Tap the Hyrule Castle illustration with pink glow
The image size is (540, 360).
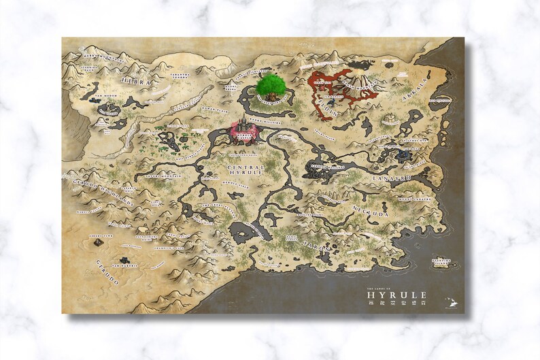(x=243, y=130)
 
